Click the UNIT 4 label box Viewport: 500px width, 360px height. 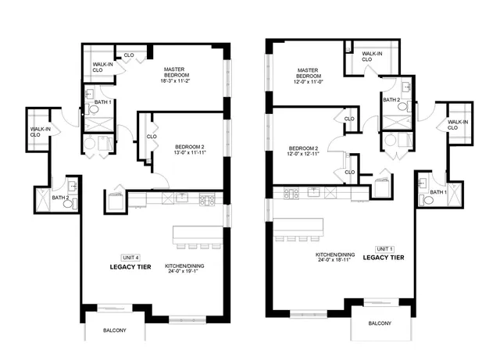[x=130, y=257]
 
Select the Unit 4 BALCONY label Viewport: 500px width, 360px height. [x=114, y=330]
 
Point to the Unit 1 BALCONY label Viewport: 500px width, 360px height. [x=380, y=323]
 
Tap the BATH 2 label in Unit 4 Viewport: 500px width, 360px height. [x=61, y=198]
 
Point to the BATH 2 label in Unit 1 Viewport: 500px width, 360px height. [x=391, y=99]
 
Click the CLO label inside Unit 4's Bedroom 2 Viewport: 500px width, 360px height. [x=152, y=137]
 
